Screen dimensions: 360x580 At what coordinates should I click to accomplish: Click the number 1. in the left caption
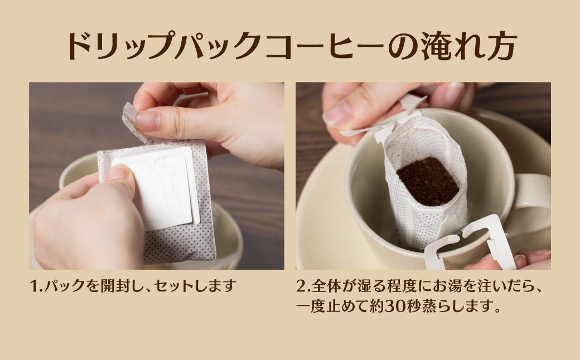(x=36, y=287)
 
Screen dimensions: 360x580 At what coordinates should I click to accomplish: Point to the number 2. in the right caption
(x=302, y=287)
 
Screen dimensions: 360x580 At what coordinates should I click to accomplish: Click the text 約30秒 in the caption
(x=390, y=307)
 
